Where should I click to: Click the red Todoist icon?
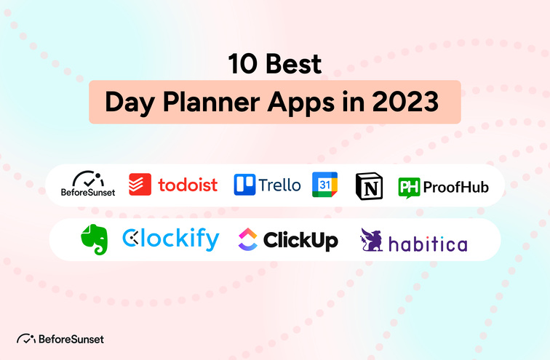pos(140,184)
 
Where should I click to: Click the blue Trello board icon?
pos(244,185)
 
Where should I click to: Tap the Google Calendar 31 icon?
pos(324,185)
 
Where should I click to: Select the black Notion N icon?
pos(368,185)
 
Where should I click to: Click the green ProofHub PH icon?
pos(408,187)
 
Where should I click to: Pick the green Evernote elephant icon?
pos(94,238)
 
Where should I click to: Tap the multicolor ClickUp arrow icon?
pos(247,239)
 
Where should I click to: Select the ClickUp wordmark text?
pos(300,239)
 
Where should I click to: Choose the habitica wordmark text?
pos(428,243)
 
